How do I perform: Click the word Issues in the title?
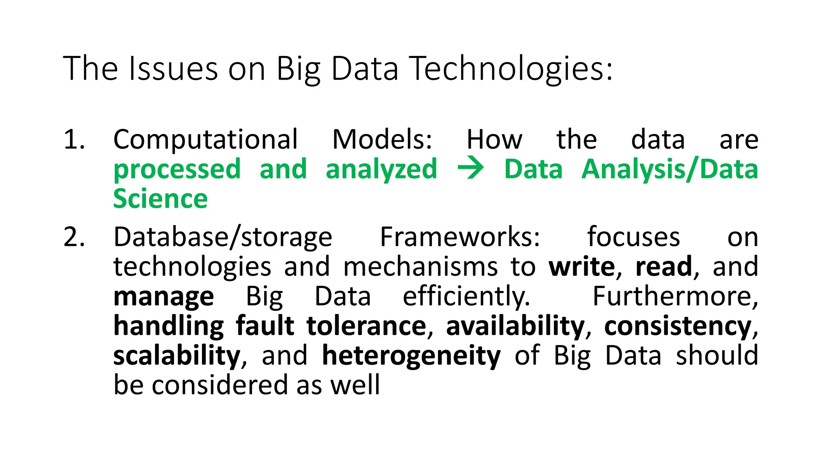(x=173, y=69)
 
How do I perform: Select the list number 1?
(x=74, y=140)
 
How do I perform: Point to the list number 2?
(x=74, y=237)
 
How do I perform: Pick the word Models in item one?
(x=382, y=140)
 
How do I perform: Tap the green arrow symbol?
(x=470, y=169)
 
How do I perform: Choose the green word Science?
(x=161, y=199)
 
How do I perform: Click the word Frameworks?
(x=460, y=237)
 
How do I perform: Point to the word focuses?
(x=633, y=237)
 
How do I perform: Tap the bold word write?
(x=582, y=266)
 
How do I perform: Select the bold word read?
(x=664, y=266)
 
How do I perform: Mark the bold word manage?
(x=164, y=297)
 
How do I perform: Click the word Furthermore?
(x=675, y=296)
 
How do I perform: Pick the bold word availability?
(x=515, y=326)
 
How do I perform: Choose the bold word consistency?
(x=678, y=326)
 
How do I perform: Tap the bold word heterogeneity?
(x=411, y=356)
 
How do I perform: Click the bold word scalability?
(x=177, y=356)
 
